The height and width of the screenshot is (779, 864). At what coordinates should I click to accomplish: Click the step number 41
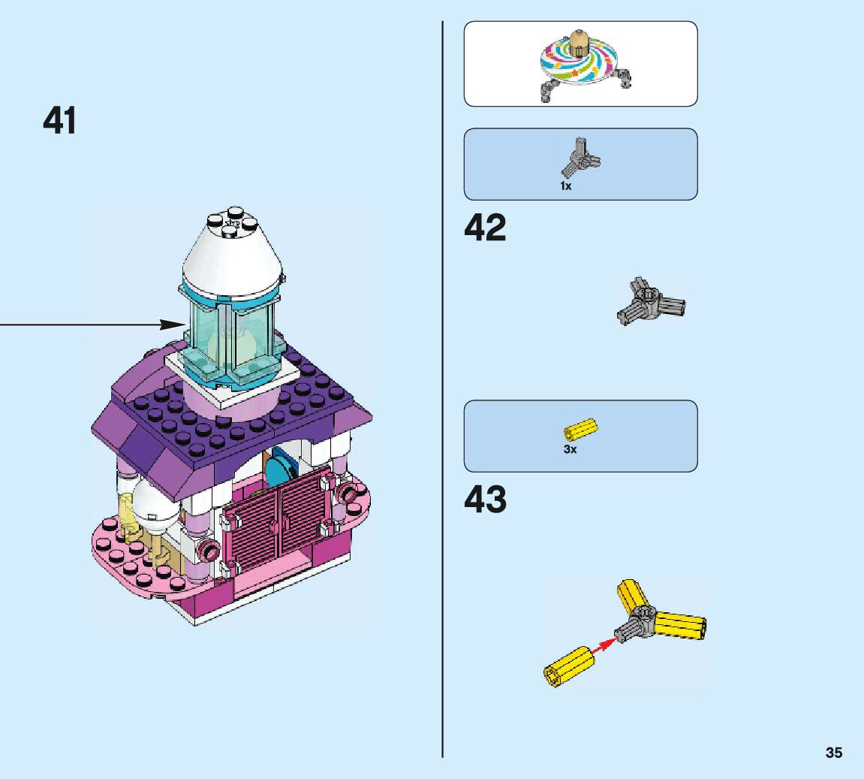pyautogui.click(x=59, y=121)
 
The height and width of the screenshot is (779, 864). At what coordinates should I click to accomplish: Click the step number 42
pyautogui.click(x=485, y=228)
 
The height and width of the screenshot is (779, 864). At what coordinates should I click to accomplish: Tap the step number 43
pyautogui.click(x=485, y=500)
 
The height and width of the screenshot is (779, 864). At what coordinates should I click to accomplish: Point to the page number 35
pyautogui.click(x=833, y=753)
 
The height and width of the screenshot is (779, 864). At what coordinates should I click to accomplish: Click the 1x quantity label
pyautogui.click(x=565, y=186)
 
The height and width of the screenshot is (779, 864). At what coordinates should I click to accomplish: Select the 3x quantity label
pyautogui.click(x=570, y=449)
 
